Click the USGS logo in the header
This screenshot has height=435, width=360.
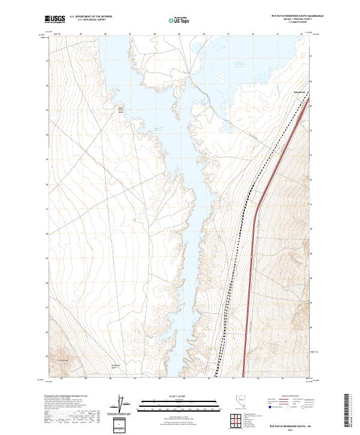click(x=55, y=19)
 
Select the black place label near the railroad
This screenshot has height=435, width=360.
click(x=299, y=92)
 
